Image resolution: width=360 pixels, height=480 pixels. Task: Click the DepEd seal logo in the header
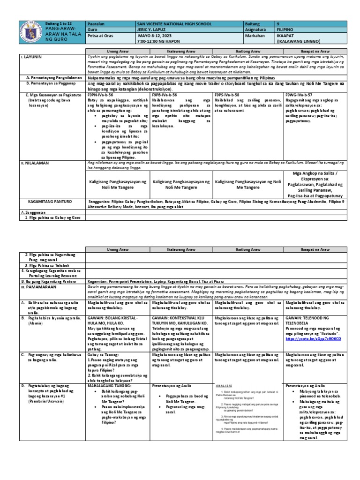click(x=30, y=33)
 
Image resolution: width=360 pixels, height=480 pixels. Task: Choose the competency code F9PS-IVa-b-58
click(x=230, y=94)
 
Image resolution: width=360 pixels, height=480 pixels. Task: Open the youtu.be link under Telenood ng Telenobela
click(x=312, y=337)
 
